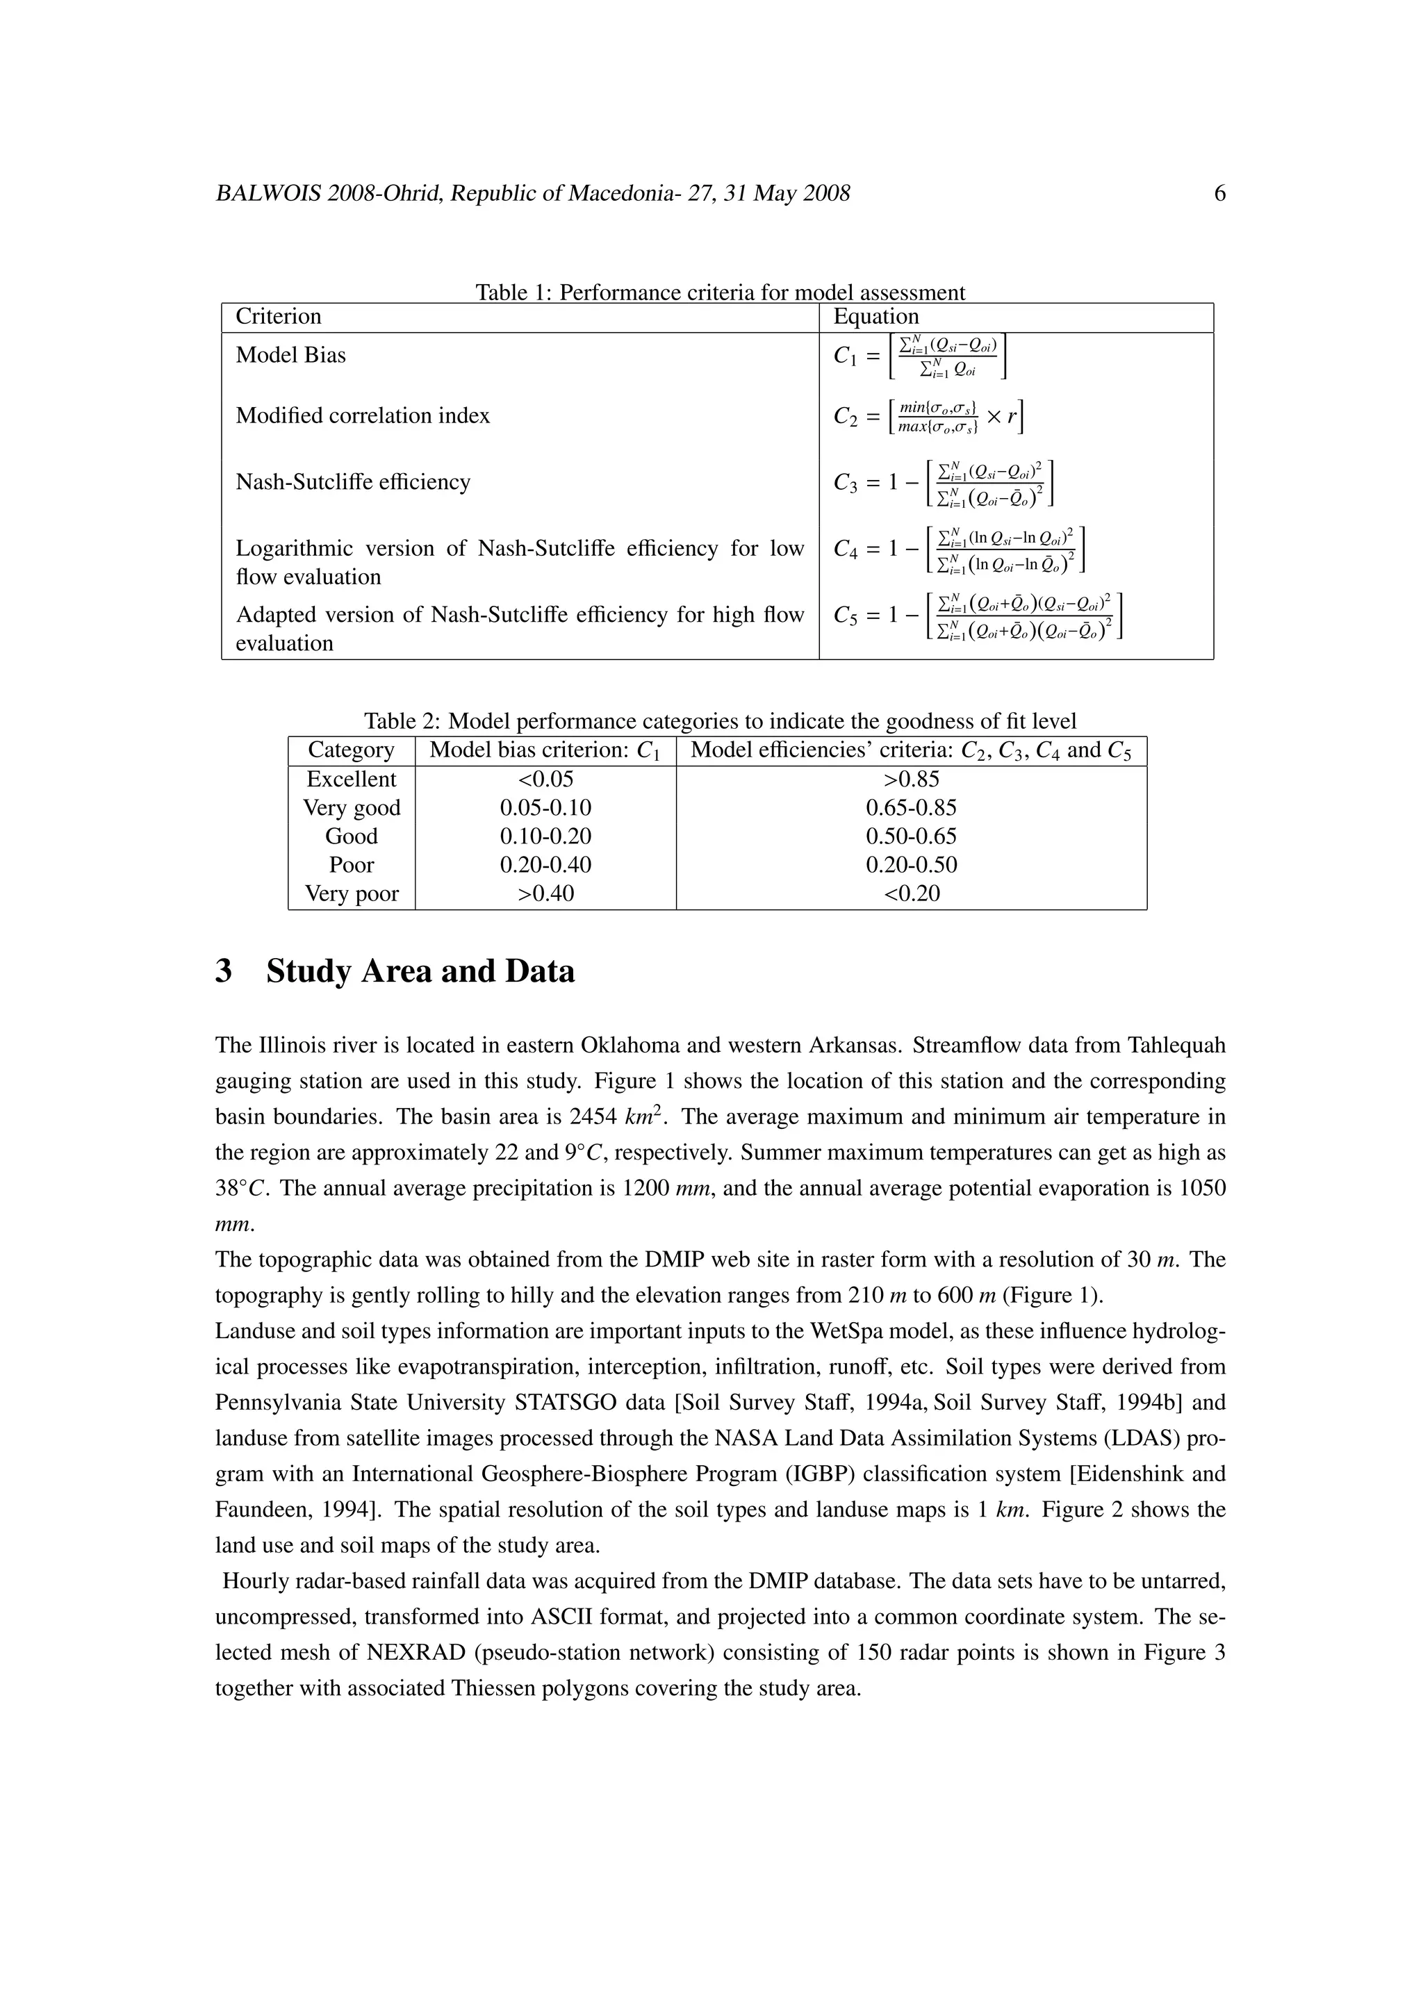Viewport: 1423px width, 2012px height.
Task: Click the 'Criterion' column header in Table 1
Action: coord(279,316)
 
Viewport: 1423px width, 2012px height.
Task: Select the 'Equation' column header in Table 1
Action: coord(875,316)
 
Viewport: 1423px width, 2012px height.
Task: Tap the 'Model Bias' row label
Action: coord(291,355)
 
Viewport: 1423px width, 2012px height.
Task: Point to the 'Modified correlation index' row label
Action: coord(363,415)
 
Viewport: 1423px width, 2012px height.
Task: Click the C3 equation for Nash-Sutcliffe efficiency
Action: coord(943,483)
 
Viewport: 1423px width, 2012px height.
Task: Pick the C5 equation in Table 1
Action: coord(978,616)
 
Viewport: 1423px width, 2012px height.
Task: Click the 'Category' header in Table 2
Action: coord(352,750)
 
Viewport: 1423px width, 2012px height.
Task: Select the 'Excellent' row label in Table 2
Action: coord(352,779)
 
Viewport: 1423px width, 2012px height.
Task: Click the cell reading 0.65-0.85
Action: coord(912,808)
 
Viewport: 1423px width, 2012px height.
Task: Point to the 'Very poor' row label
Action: coord(352,894)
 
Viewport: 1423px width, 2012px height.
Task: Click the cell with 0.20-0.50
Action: coord(912,865)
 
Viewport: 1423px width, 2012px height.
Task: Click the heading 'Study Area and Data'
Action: coord(420,972)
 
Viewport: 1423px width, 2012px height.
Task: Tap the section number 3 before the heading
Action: coord(224,972)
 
